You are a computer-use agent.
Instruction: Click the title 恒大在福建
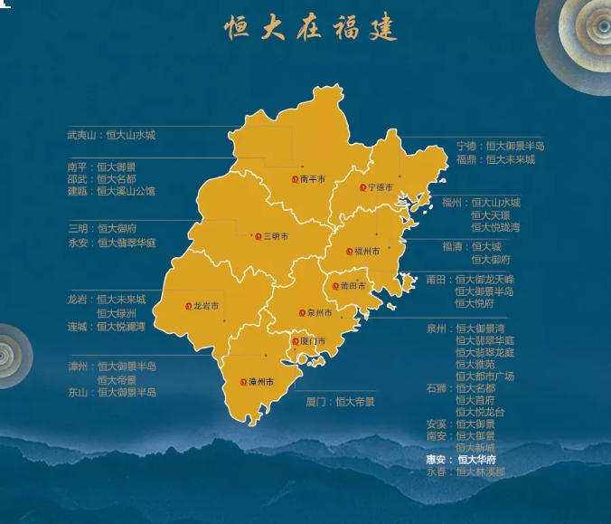point(311,28)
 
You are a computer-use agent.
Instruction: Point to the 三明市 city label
point(276,236)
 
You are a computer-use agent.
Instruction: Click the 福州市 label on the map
point(368,251)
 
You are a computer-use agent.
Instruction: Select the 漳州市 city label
point(263,383)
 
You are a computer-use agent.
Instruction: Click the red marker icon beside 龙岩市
point(188,307)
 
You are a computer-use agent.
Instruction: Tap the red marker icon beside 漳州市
point(244,383)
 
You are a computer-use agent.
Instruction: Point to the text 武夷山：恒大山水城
point(111,135)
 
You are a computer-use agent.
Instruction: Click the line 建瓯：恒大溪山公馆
point(111,191)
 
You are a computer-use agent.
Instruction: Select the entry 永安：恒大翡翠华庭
point(112,243)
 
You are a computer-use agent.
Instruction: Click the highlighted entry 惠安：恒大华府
point(461,460)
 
